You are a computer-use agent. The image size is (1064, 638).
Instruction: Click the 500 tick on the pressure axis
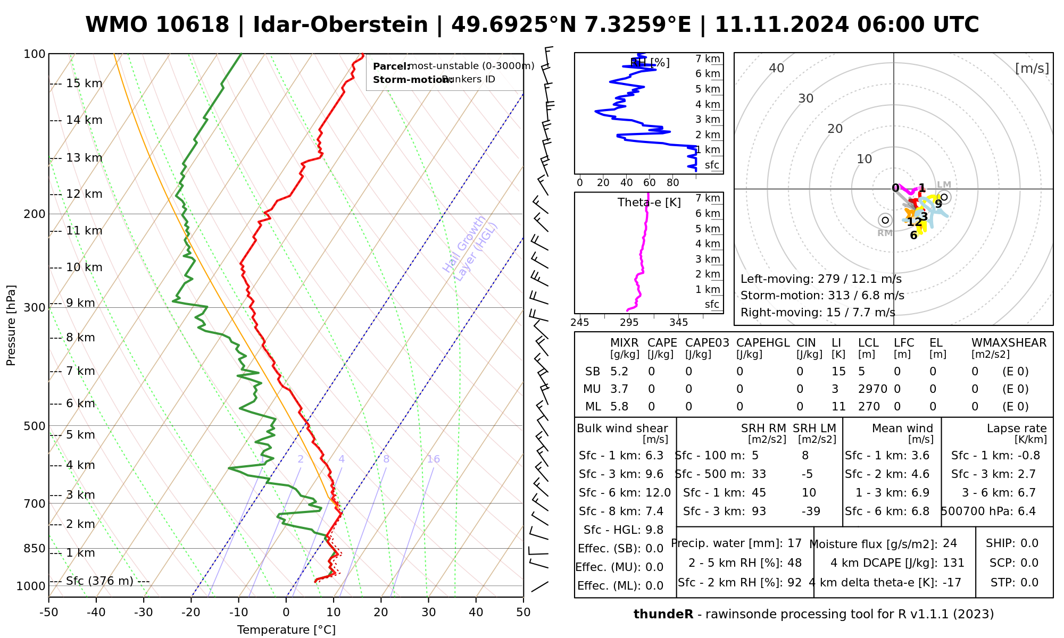[35, 426]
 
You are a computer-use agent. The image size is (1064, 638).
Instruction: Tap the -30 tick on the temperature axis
[144, 612]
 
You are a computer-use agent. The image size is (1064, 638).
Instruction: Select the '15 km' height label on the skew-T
[84, 83]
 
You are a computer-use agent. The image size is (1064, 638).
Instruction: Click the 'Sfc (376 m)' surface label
[99, 581]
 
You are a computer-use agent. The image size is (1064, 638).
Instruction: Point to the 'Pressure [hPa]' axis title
[11, 325]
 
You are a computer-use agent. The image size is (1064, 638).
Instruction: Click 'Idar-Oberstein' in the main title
[340, 25]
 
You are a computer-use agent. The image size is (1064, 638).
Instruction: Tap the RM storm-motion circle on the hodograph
[885, 220]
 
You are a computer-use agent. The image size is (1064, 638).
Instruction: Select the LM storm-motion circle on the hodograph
[944, 197]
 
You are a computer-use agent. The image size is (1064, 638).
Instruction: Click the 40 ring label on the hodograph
[777, 68]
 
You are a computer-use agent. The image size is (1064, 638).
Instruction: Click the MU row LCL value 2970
[872, 389]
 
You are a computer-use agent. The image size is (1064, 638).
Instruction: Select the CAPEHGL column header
[762, 343]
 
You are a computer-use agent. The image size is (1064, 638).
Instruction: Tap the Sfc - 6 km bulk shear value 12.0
[658, 493]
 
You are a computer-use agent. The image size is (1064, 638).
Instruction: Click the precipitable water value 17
[794, 543]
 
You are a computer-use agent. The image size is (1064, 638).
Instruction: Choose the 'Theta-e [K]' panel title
[649, 203]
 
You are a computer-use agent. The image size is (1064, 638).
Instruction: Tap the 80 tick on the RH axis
[673, 183]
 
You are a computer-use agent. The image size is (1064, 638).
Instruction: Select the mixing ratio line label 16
[433, 459]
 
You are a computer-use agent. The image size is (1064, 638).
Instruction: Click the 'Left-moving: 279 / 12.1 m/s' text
[821, 279]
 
